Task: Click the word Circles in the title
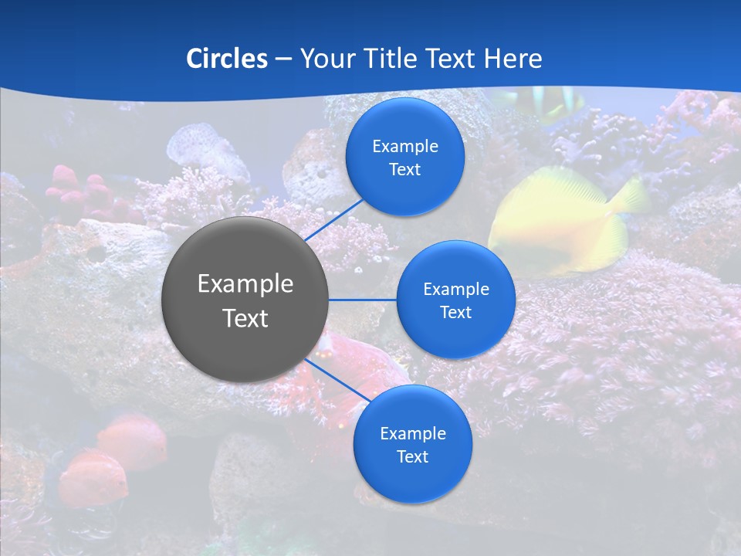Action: (226, 59)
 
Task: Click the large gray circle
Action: (245, 300)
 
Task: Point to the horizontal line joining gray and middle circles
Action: (363, 300)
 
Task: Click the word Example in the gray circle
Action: (245, 284)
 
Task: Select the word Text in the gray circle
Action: (245, 318)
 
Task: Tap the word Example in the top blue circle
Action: (404, 147)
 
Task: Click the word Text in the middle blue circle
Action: (455, 312)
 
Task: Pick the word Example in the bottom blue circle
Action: (412, 434)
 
